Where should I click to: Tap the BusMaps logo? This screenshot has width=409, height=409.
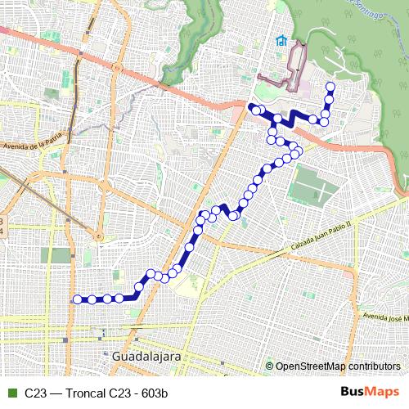[x=371, y=392]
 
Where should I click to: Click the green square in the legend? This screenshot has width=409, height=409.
[x=11, y=393]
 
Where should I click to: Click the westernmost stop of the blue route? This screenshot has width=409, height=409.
[x=79, y=299]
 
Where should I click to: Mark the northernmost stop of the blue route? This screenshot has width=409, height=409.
[x=330, y=86]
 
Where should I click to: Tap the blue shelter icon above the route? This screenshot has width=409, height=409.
[x=281, y=41]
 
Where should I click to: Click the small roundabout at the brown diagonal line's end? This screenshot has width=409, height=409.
[x=97, y=236]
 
